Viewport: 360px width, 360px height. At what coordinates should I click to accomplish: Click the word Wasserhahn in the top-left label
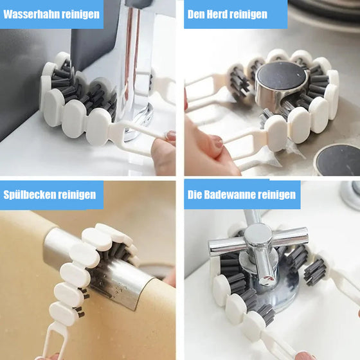coord(32,14)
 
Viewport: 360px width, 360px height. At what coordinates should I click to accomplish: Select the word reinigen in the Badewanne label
coord(280,194)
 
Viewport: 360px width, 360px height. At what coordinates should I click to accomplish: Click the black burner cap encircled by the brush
coord(281,76)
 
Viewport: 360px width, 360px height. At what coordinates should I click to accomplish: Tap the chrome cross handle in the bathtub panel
coord(257,241)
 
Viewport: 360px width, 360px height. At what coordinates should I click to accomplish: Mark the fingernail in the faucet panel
coord(170,136)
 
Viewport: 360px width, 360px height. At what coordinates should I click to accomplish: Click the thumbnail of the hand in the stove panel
coord(217,141)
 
